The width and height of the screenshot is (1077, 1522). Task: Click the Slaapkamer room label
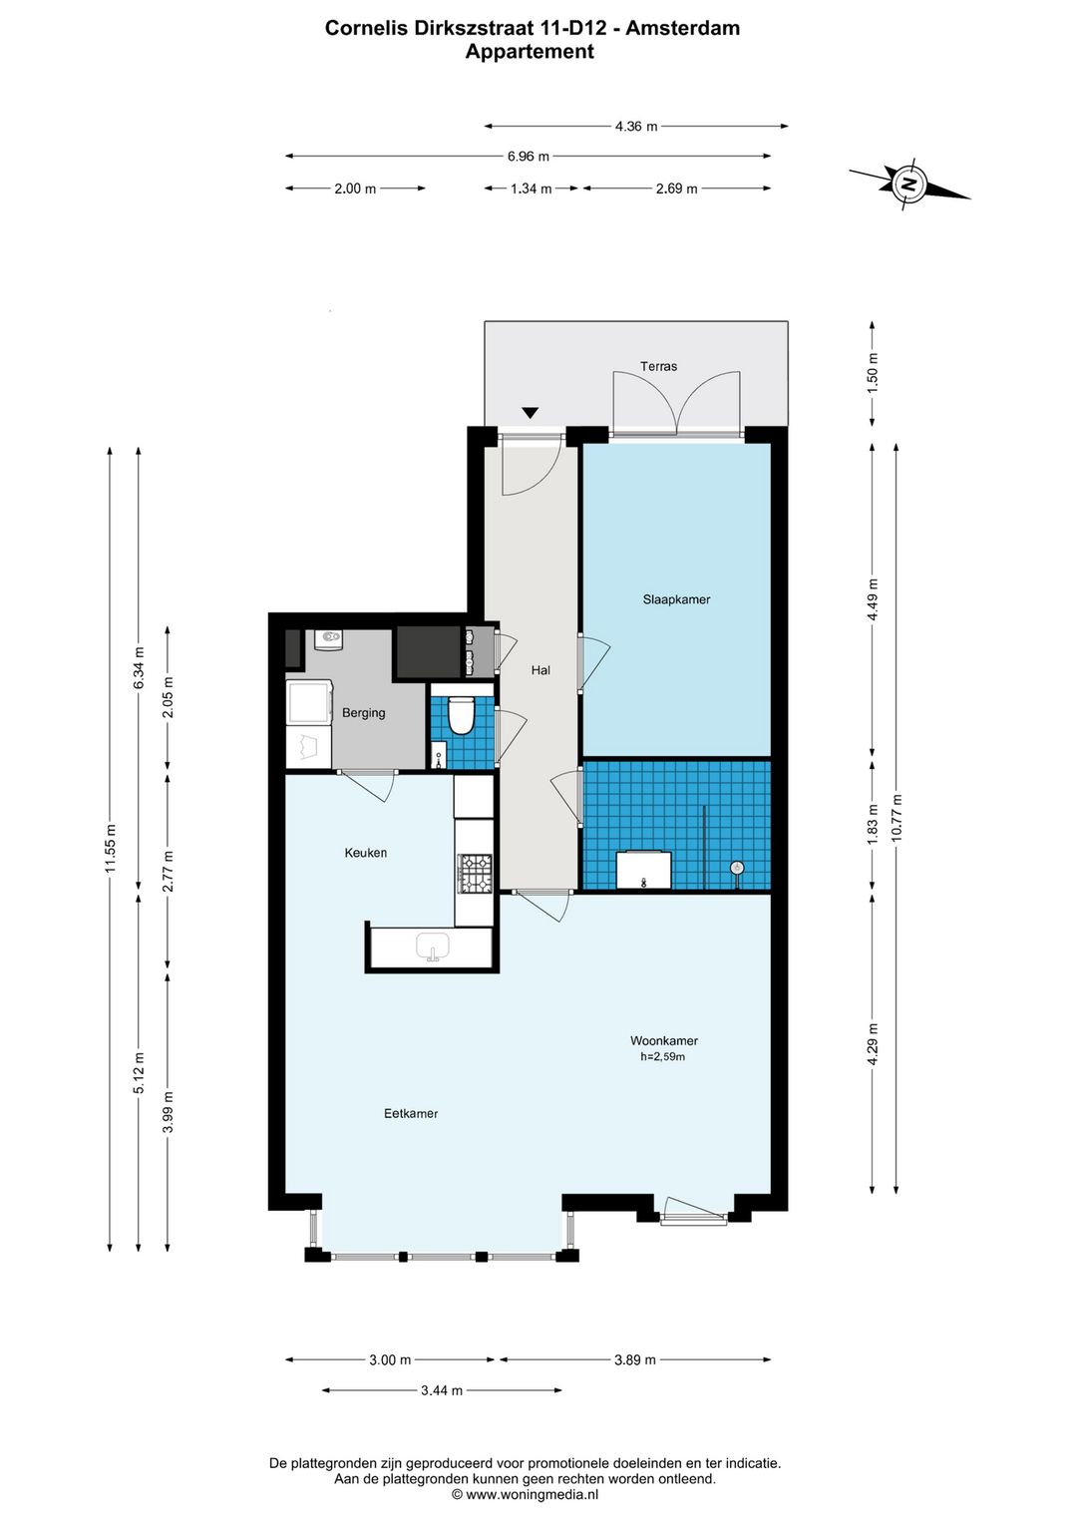click(x=676, y=599)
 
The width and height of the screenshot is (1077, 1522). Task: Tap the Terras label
click(x=658, y=366)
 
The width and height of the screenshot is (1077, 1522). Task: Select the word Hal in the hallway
click(x=540, y=670)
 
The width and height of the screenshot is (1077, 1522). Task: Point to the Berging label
click(x=364, y=713)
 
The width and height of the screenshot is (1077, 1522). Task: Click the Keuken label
click(x=366, y=852)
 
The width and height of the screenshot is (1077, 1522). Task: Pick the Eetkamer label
click(x=411, y=1113)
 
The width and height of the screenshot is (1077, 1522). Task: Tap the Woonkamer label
click(x=664, y=1040)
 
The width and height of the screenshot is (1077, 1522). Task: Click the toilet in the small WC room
click(x=462, y=715)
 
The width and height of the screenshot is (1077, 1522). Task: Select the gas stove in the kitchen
click(x=475, y=873)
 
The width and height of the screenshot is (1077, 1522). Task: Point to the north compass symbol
click(x=909, y=183)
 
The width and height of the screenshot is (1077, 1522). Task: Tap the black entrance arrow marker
click(x=530, y=413)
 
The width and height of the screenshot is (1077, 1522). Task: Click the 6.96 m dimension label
click(x=528, y=157)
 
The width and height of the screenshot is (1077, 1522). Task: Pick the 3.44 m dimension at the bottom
click(x=442, y=1390)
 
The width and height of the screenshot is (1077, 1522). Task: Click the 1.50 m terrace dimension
click(x=874, y=369)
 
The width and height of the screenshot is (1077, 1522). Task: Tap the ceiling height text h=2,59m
click(x=662, y=1056)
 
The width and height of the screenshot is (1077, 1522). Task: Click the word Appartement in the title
click(x=530, y=52)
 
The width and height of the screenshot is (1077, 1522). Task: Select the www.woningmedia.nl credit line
click(x=525, y=1494)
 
